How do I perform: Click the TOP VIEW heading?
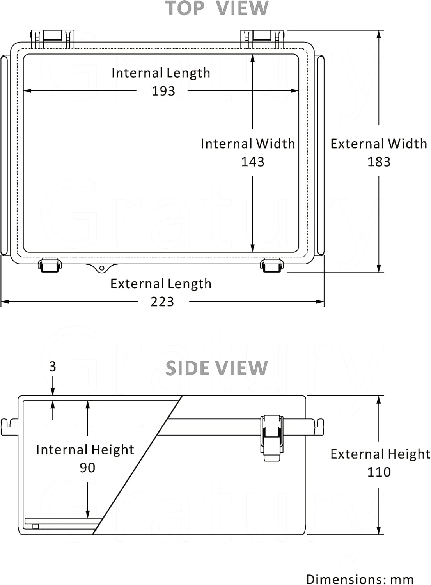217,9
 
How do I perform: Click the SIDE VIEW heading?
217,368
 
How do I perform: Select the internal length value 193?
163,91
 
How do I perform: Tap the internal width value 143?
252,161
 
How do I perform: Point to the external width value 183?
379,161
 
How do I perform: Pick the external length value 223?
162,301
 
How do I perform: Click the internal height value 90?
87,468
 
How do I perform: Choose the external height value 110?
379,472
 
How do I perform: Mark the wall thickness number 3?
53,366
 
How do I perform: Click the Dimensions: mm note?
360,579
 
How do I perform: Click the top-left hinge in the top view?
52,39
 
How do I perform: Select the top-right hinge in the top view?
262,39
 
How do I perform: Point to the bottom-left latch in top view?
50,266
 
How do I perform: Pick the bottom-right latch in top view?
272,266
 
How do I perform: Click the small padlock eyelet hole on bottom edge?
102,268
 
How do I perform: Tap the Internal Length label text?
161,73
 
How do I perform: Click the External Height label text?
380,454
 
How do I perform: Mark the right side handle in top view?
320,155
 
